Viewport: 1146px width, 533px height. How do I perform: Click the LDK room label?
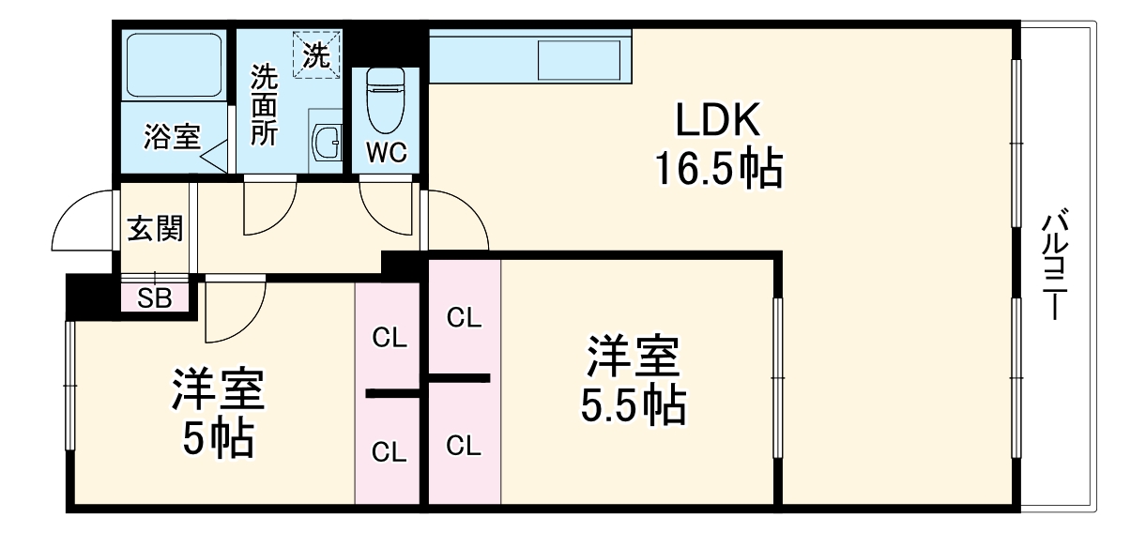click(717, 122)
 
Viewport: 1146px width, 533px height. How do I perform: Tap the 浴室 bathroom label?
click(171, 137)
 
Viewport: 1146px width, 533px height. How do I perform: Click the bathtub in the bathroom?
click(174, 66)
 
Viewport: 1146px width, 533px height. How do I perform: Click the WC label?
click(385, 154)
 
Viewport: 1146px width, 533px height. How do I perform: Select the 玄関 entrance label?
click(155, 229)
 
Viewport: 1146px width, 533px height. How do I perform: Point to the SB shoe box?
click(155, 297)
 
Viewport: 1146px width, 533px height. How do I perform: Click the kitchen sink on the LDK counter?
click(578, 59)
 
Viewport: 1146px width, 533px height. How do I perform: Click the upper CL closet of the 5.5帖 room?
click(464, 318)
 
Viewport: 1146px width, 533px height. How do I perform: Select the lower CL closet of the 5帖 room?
click(389, 451)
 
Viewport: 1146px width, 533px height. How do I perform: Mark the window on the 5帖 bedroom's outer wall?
click(69, 385)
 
